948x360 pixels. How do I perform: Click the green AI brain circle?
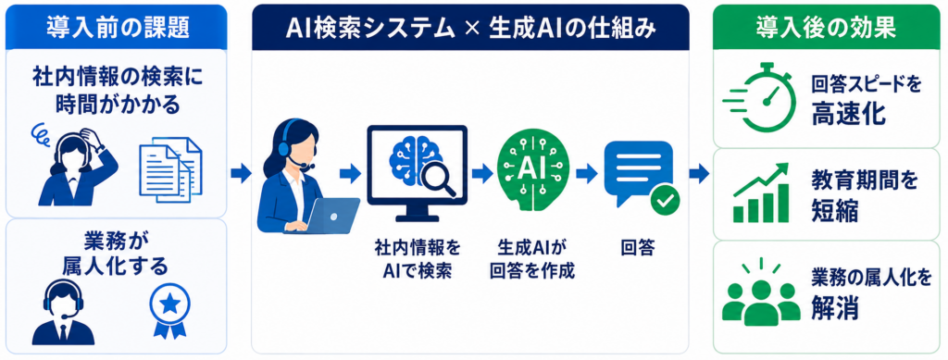(x=524, y=166)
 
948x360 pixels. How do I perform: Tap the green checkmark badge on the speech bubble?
(x=665, y=201)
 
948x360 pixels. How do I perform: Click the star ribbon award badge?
(x=169, y=310)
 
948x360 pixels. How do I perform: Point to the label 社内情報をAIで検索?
(x=418, y=260)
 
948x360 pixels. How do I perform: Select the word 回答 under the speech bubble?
(x=639, y=248)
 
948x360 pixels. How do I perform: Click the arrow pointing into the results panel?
(x=699, y=174)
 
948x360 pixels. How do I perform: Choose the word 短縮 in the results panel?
(x=834, y=211)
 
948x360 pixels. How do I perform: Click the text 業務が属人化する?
(x=116, y=254)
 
